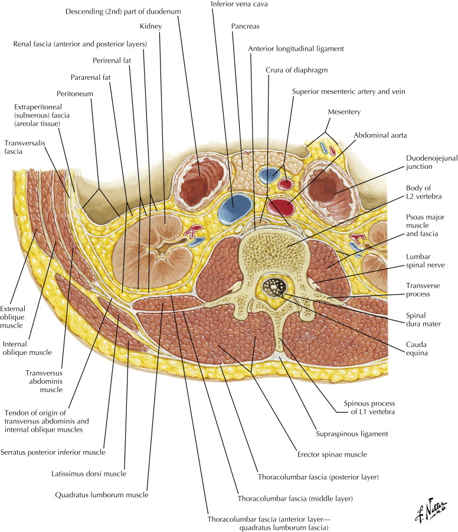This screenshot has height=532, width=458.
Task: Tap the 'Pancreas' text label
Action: click(247, 27)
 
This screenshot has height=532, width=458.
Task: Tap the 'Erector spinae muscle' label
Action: click(333, 455)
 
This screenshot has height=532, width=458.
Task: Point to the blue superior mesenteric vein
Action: click(271, 175)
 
